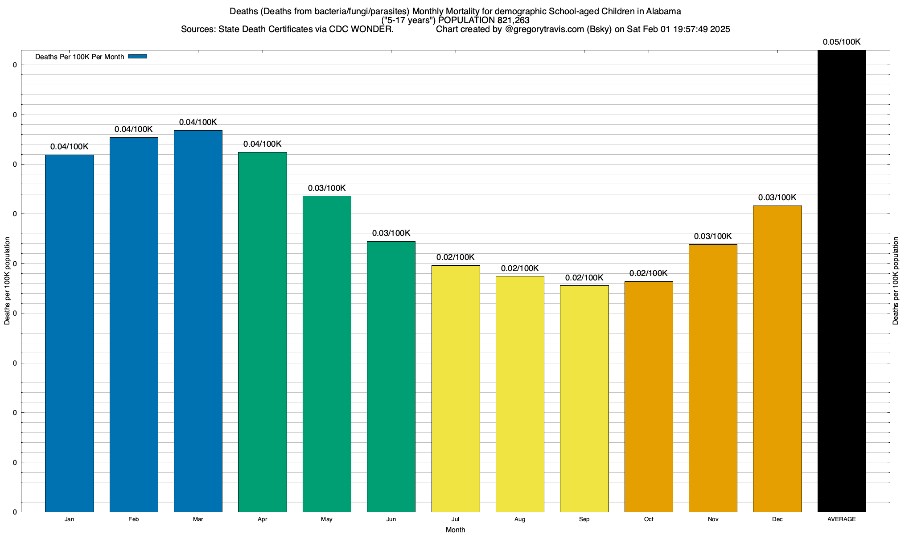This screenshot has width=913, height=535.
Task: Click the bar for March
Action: pos(198,321)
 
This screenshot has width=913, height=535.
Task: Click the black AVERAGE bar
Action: pos(842,281)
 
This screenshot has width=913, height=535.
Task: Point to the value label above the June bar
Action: pos(391,233)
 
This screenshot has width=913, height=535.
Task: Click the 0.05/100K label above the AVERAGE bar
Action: pos(842,42)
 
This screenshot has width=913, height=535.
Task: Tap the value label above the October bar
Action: pos(648,273)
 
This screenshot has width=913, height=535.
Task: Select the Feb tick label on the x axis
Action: pos(133,519)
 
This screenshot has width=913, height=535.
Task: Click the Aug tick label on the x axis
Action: pos(520,519)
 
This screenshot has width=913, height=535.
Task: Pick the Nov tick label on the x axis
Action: pos(713,519)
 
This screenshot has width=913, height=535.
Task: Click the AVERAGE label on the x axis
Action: pos(842,519)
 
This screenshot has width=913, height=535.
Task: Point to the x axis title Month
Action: pos(455,530)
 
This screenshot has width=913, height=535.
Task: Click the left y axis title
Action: pos(7,281)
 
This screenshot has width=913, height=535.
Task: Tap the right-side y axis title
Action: pos(896,281)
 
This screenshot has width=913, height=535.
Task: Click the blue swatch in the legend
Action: pos(137,57)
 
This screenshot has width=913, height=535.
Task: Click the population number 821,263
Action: pos(513,20)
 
